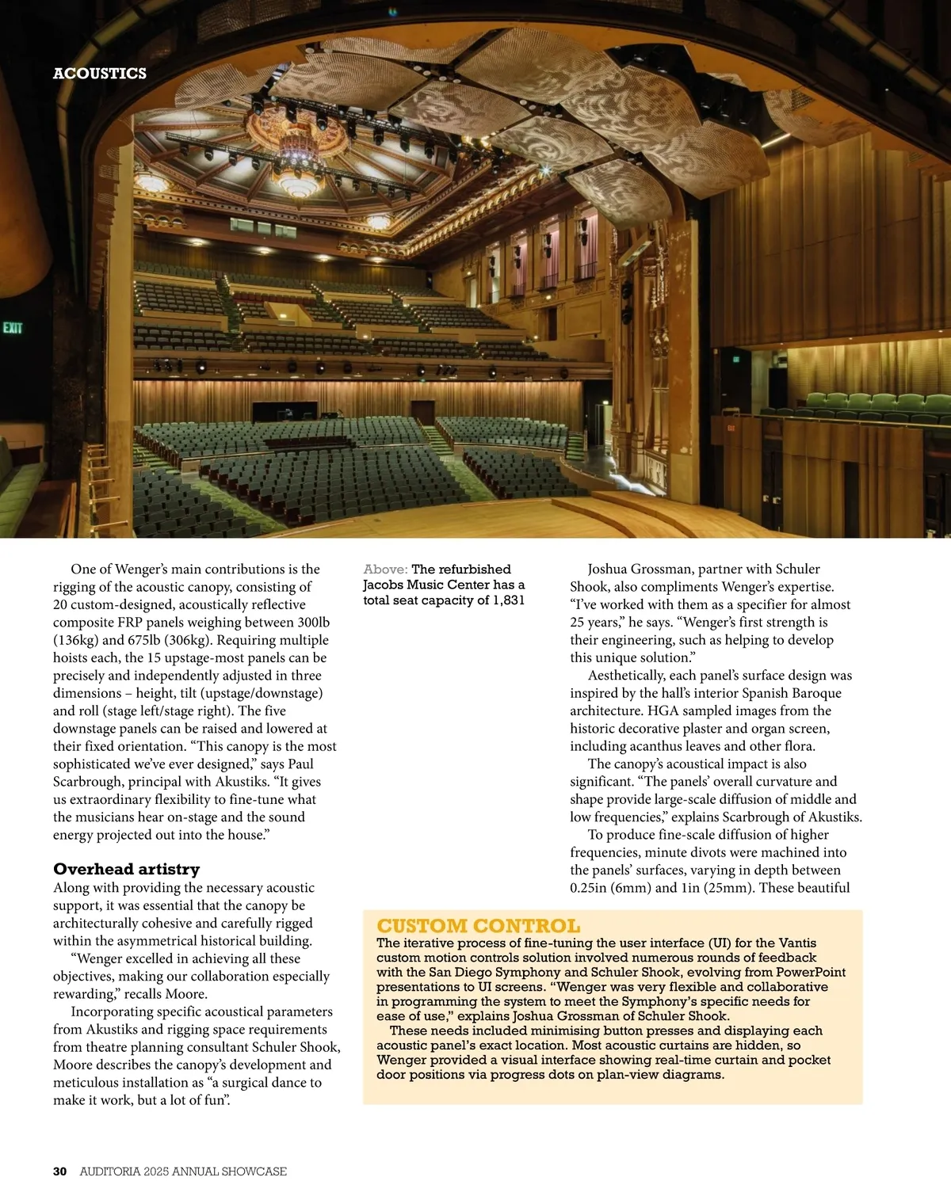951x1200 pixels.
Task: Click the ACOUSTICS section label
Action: pos(100,74)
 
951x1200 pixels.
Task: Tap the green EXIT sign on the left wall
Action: pos(13,328)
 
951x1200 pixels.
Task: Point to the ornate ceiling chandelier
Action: pos(296,154)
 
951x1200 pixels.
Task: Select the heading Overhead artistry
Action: pos(127,869)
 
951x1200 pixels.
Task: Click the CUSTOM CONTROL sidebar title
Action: pos(478,926)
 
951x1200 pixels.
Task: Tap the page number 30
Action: pos(60,1171)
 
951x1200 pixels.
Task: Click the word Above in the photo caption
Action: pos(385,570)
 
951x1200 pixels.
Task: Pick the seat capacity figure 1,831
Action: pos(509,600)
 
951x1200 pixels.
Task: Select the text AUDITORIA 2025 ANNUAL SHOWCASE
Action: pos(183,1171)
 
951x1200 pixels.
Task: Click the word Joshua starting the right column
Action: pos(613,570)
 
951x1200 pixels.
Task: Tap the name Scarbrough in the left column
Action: pos(87,782)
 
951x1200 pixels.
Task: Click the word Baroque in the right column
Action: pos(816,693)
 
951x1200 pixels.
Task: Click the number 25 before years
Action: pos(577,623)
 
